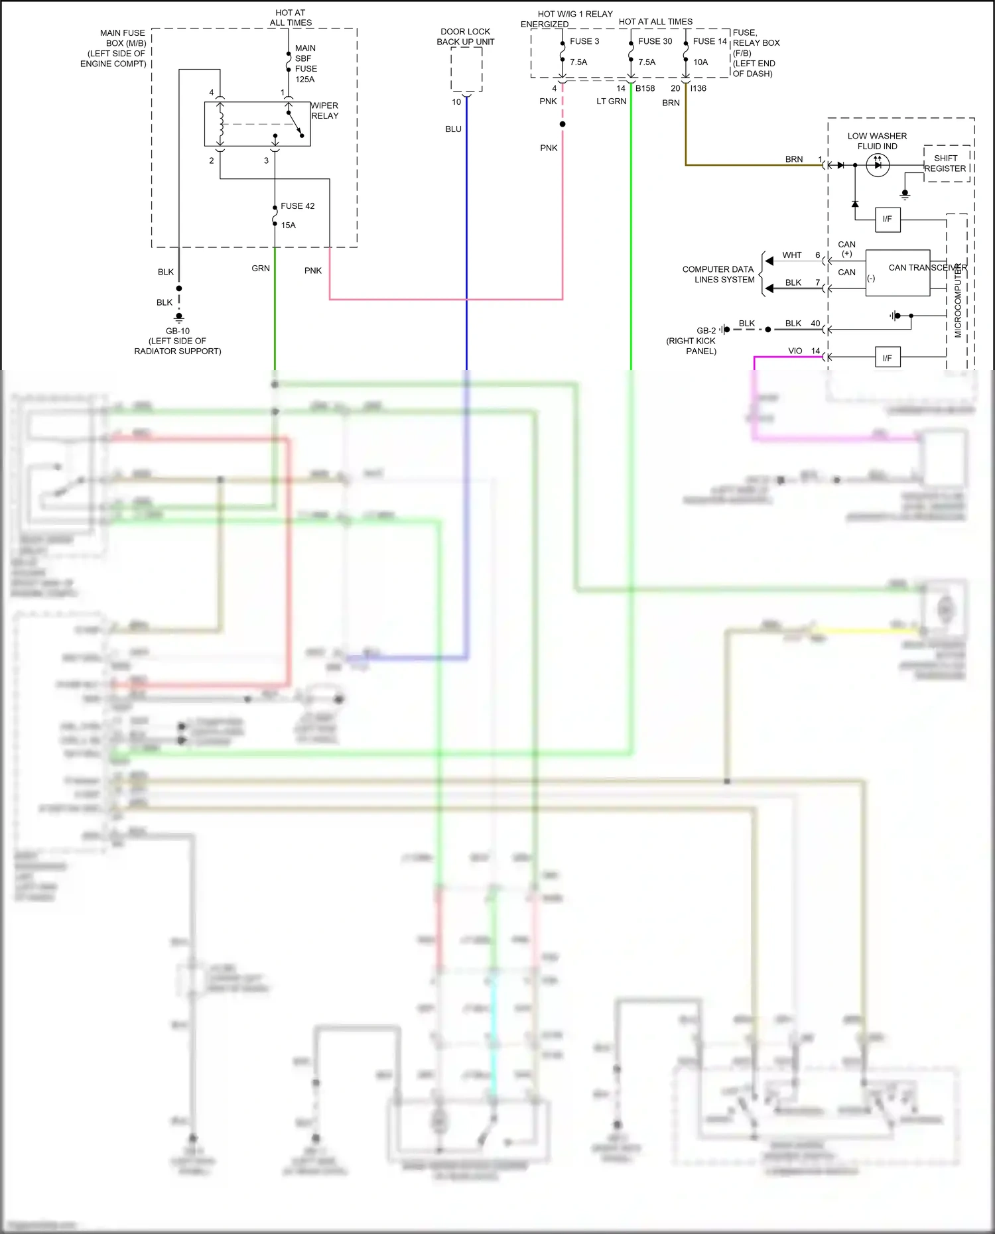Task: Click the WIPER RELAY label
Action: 324,111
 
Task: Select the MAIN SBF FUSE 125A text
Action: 306,64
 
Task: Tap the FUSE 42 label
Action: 297,206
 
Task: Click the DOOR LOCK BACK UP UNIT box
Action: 466,69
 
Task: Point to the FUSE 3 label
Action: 584,41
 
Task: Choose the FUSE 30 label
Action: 655,41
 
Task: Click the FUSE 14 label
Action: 710,41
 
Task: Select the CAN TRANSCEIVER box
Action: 897,273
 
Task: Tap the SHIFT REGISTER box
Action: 947,164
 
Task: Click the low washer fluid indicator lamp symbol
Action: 878,165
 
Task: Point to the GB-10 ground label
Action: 178,331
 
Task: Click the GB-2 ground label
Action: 706,330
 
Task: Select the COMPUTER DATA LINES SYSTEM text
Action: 718,275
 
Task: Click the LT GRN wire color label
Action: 611,101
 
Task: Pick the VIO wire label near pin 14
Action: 795,351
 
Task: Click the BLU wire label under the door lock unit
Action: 453,129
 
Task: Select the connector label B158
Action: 645,88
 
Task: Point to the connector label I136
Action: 698,88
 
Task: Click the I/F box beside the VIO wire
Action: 887,358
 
